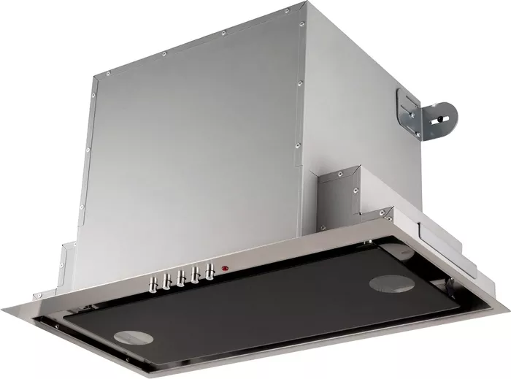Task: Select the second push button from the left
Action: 167,279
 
